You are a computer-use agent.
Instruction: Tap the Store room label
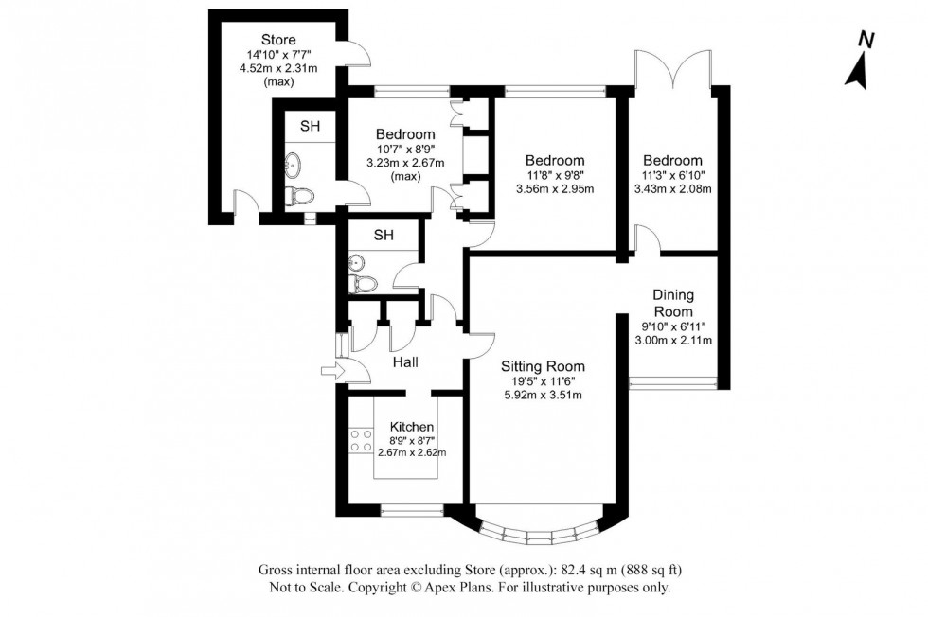pyautogui.click(x=278, y=40)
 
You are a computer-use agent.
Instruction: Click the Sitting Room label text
pyautogui.click(x=543, y=366)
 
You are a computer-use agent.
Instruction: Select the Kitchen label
pyautogui.click(x=412, y=427)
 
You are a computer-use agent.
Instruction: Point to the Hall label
pyautogui.click(x=405, y=361)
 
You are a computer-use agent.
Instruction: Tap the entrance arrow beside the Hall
pyautogui.click(x=330, y=371)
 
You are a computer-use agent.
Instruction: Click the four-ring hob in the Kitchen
pyautogui.click(x=361, y=440)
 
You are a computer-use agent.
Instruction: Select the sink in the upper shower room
pyautogui.click(x=291, y=164)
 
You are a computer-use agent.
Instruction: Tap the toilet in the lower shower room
pyautogui.click(x=363, y=284)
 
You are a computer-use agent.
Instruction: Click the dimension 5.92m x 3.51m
pyautogui.click(x=543, y=395)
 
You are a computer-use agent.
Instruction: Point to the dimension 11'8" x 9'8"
pyautogui.click(x=555, y=175)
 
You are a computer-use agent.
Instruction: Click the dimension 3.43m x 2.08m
pyautogui.click(x=672, y=188)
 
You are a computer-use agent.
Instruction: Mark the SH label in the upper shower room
pyautogui.click(x=310, y=126)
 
